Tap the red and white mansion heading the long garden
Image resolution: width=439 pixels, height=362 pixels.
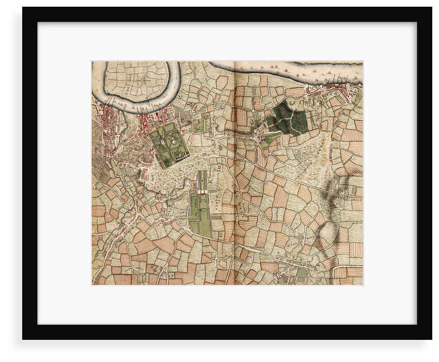click(202, 192)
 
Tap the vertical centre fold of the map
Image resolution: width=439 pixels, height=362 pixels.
click(234, 173)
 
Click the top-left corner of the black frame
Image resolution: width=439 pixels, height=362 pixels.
click(23, 8)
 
